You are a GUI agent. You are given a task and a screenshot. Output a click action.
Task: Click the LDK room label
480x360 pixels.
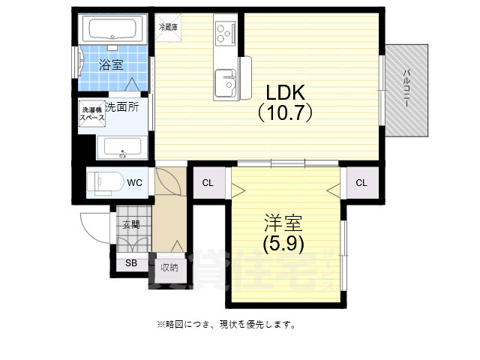285,93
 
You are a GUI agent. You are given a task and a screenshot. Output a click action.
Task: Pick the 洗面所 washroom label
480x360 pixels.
122,107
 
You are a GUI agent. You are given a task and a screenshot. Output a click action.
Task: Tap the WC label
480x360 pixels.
134,182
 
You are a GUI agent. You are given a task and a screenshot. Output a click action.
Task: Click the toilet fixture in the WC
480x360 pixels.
102,182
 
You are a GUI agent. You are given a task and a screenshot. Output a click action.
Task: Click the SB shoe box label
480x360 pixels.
131,263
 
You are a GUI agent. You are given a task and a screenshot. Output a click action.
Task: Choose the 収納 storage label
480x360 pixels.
169,267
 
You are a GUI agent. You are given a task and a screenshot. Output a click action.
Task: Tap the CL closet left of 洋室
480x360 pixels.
208,183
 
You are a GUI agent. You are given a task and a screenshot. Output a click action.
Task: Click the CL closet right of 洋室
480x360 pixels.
361,183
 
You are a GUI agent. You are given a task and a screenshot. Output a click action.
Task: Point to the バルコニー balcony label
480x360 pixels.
406,89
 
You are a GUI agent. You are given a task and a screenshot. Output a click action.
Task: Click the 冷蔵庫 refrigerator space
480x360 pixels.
168,27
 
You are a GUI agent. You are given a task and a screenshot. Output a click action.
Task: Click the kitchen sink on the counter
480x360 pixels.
224,82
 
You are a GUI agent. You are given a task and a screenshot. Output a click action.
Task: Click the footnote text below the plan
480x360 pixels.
226,325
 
